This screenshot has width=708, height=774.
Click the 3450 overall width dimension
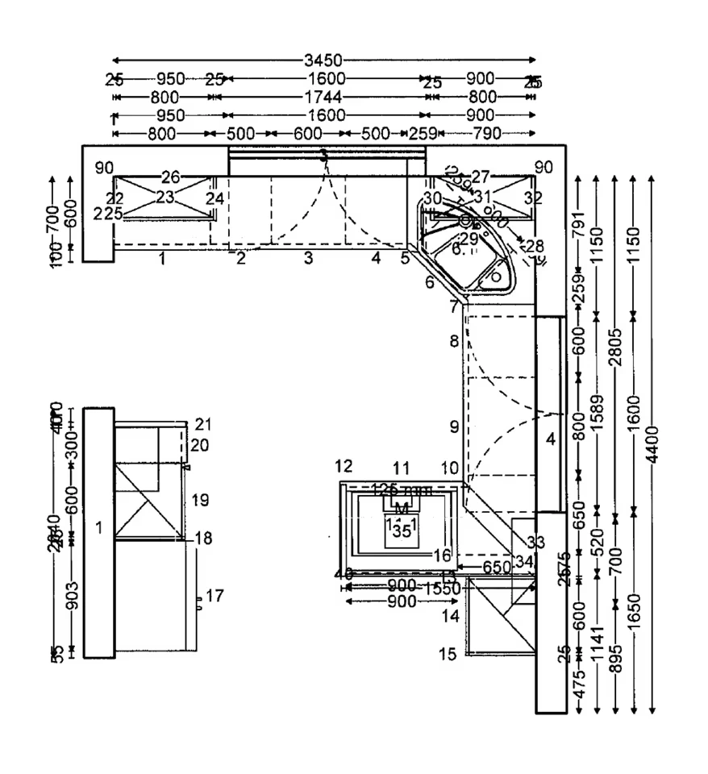coord(323,60)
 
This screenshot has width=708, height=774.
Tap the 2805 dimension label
coord(615,347)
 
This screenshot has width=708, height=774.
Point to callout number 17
coord(214,596)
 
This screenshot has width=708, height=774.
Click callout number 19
coord(201,501)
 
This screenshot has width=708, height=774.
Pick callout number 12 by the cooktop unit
coord(344,466)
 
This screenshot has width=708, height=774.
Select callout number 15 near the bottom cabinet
coord(448,653)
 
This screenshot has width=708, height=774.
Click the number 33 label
coord(536,542)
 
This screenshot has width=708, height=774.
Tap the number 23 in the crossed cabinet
coord(165,197)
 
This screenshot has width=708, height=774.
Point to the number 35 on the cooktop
coord(402,531)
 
